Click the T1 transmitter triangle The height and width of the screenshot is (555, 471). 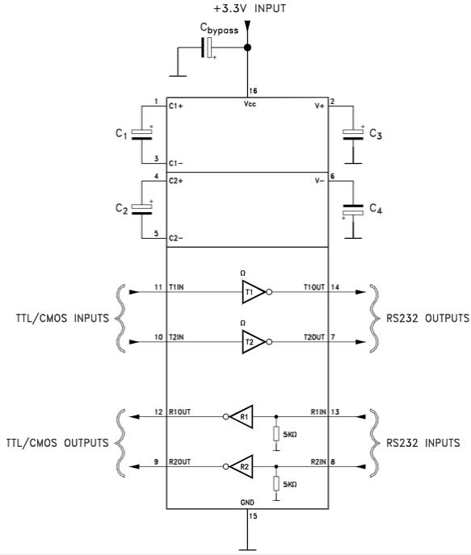253,292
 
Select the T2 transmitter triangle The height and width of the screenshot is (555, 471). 253,342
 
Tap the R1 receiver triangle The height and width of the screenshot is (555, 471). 242,416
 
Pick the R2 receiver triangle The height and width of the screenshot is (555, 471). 242,466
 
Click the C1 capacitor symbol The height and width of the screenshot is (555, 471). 141,134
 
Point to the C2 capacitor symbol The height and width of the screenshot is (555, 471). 141,209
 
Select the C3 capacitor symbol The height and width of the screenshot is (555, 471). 353,134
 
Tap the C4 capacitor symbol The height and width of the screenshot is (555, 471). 353,210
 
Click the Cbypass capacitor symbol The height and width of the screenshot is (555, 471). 207,48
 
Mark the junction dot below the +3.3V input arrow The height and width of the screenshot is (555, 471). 248,48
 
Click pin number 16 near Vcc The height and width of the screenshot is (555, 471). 253,91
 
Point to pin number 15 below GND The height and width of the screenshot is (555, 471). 253,516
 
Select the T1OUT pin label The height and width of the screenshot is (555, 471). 314,287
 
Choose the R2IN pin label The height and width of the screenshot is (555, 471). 318,462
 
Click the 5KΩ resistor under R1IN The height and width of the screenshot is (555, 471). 276,434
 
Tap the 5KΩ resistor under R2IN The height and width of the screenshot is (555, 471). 276,484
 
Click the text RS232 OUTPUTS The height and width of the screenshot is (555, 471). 427,318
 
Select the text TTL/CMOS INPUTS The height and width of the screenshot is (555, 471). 62,318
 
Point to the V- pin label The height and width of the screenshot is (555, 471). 319,181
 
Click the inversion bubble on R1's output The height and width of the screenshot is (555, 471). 226,416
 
